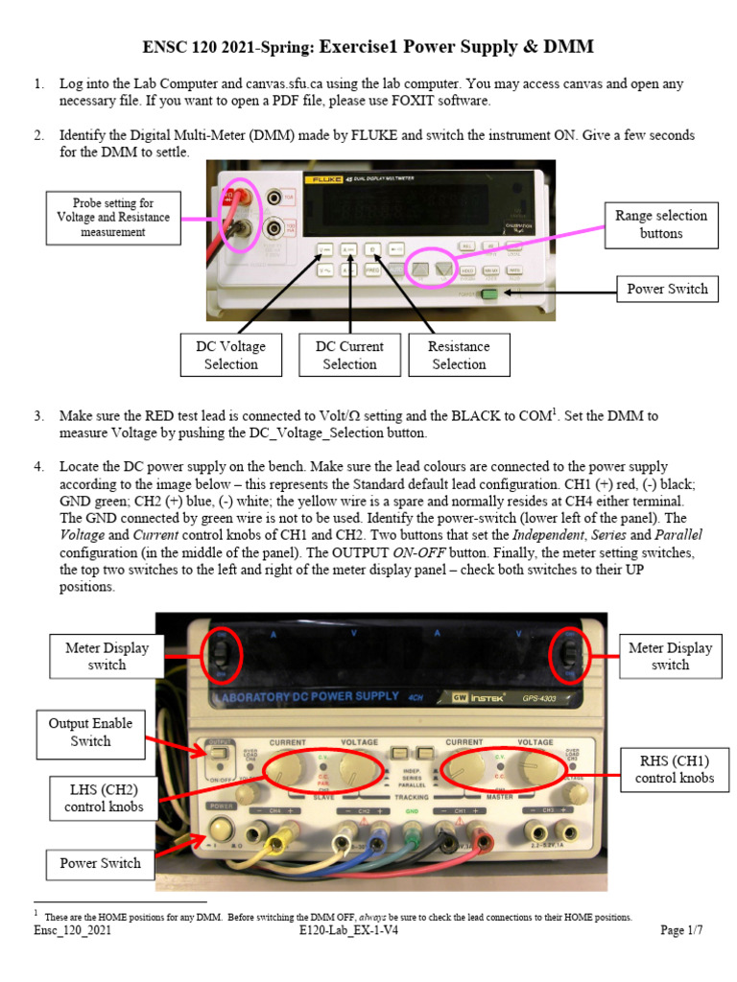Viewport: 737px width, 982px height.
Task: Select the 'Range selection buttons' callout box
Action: click(661, 224)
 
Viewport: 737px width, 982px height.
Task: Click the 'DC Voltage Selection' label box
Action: click(231, 355)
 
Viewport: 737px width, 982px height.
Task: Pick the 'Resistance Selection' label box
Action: click(459, 355)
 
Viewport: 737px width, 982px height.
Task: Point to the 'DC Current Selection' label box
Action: click(349, 355)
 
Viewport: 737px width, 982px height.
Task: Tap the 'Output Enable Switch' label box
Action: click(90, 732)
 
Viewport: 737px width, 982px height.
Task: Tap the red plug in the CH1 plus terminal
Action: click(480, 844)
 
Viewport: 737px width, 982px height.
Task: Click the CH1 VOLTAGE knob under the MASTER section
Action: click(533, 768)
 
